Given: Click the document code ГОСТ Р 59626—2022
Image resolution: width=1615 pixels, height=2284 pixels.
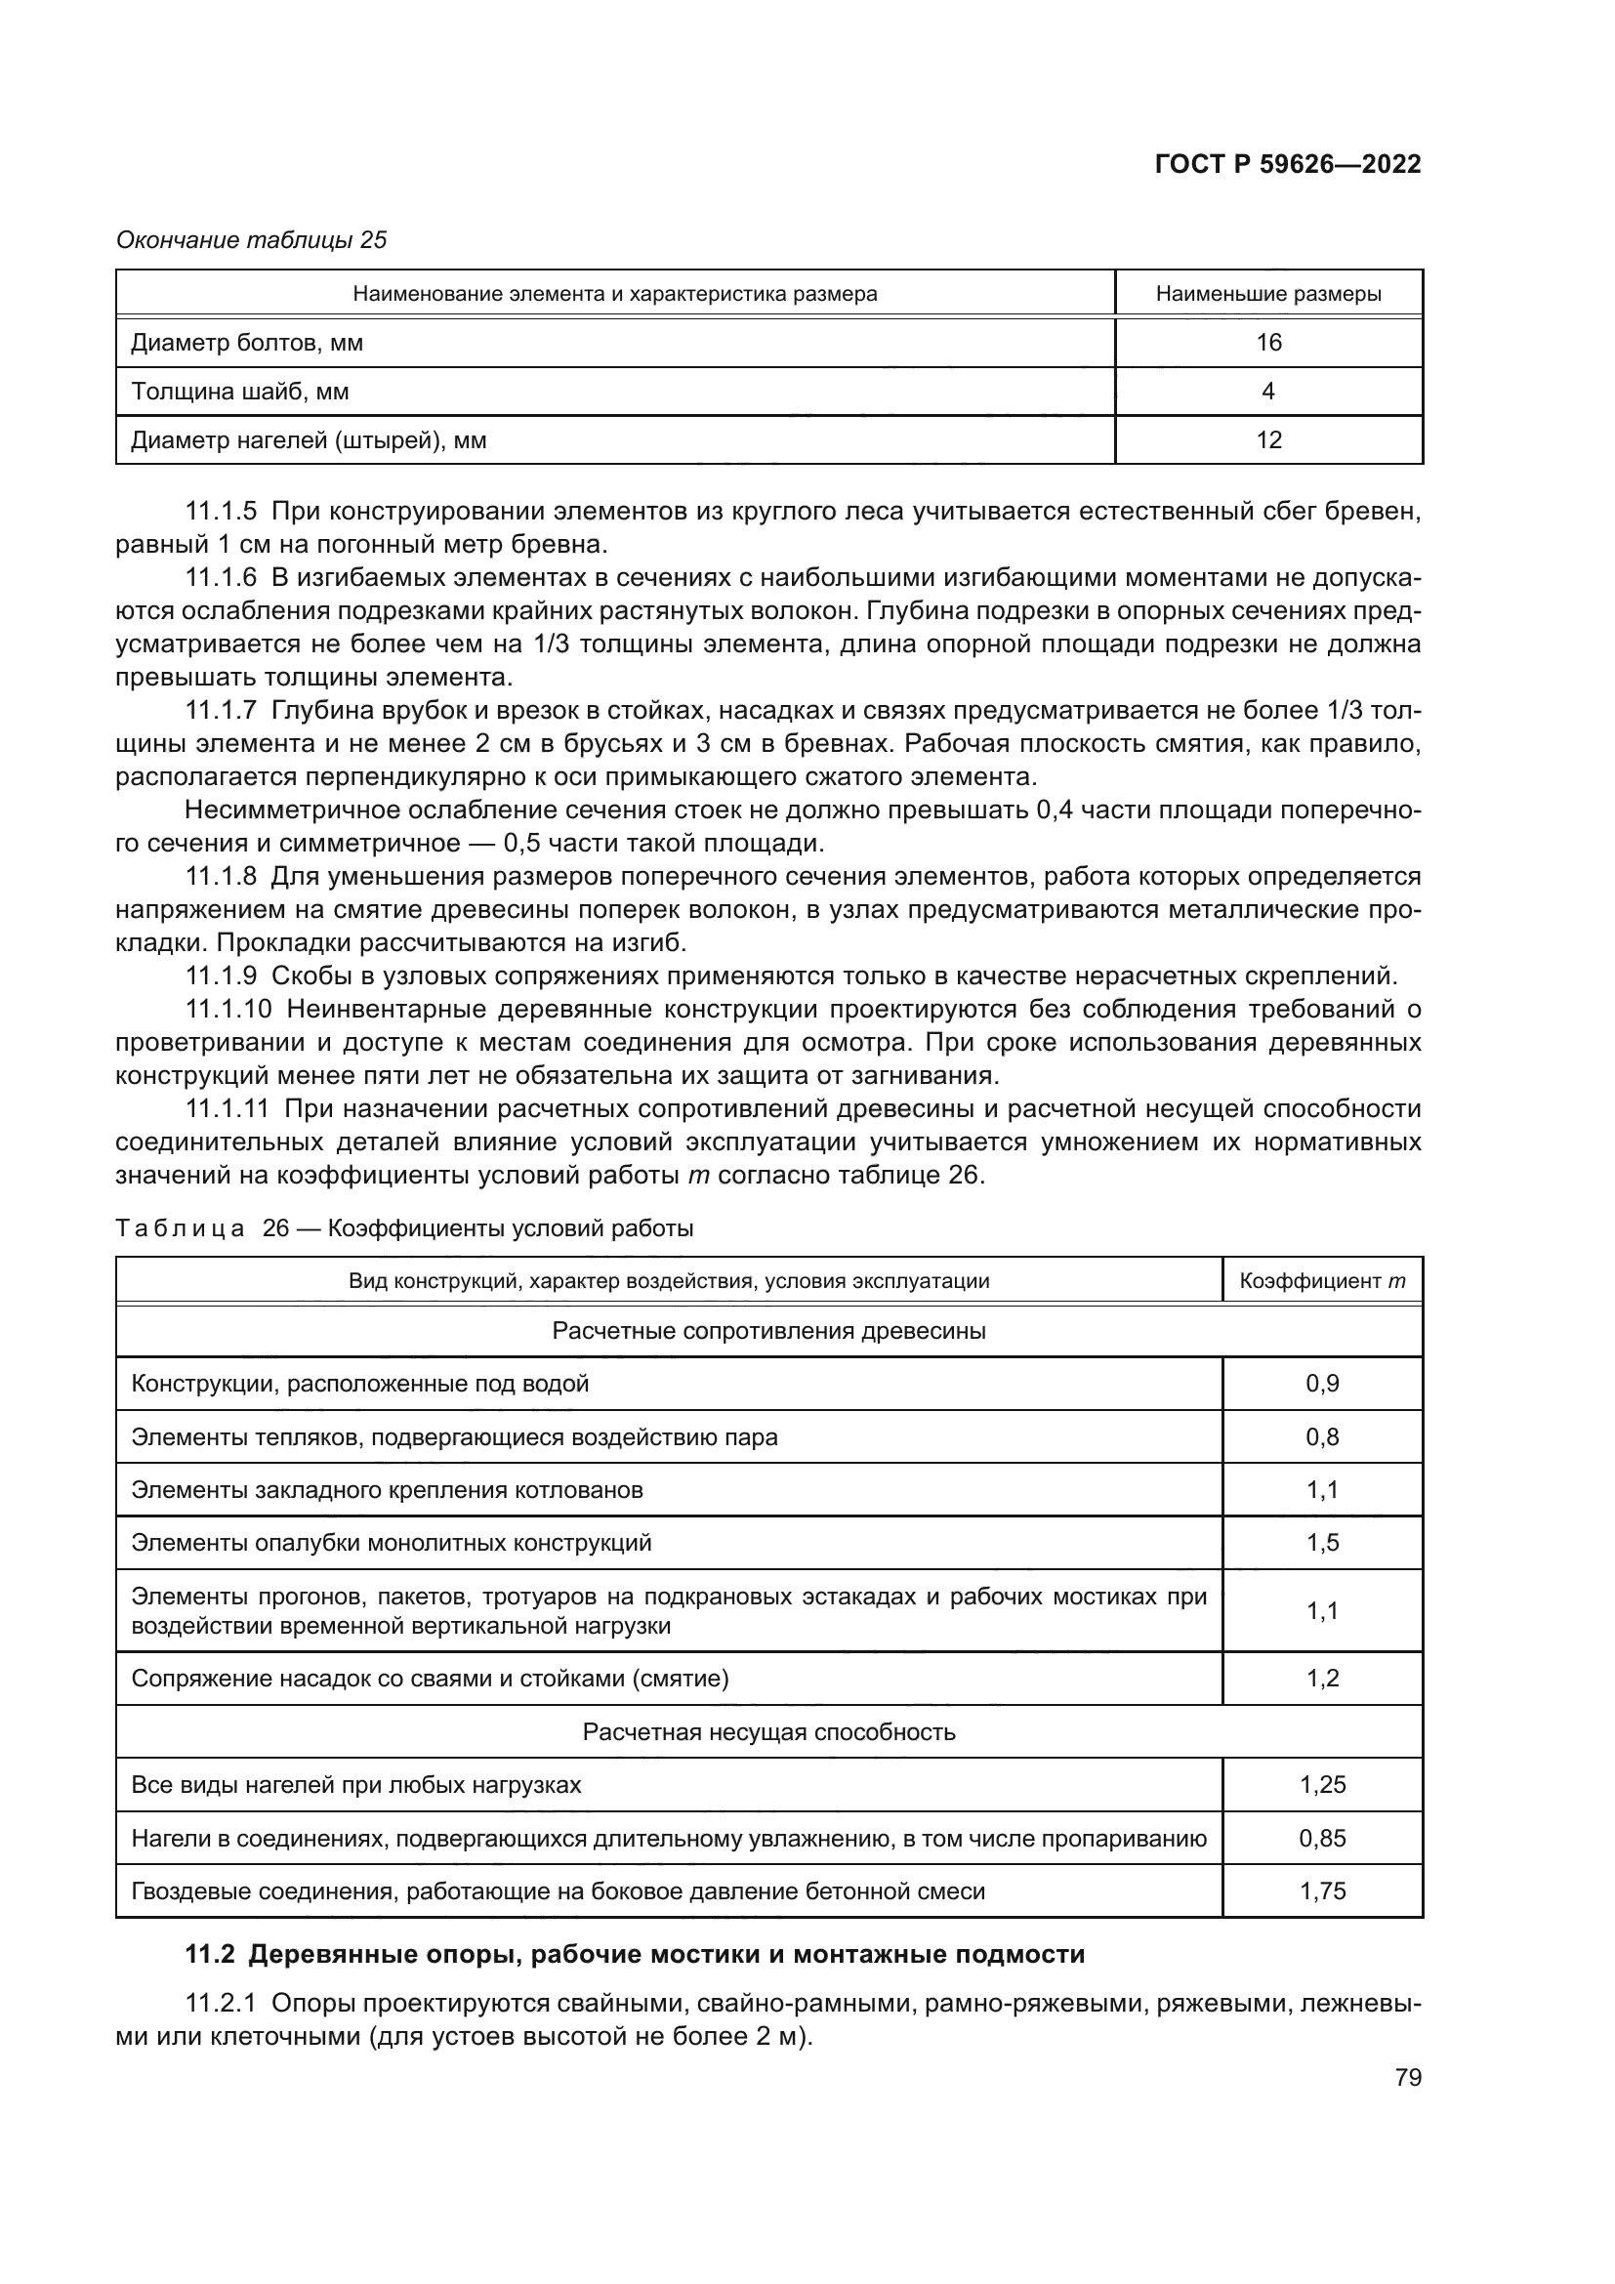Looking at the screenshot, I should click(x=1288, y=165).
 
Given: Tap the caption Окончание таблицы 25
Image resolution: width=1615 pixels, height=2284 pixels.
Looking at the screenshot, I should click(x=252, y=240).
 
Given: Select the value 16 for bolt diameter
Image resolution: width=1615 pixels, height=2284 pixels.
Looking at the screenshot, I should click(x=1269, y=343).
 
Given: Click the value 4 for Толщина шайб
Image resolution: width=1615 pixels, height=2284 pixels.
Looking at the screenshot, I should click(x=1268, y=392).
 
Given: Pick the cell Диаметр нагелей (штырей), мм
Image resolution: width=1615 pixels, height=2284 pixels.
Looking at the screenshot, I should click(x=310, y=439).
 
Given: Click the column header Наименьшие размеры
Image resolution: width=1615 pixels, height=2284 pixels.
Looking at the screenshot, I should click(x=1268, y=295).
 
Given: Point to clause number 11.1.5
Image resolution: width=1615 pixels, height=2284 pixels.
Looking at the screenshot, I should click(x=221, y=513).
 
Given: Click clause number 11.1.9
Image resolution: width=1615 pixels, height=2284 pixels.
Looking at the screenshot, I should click(x=221, y=975).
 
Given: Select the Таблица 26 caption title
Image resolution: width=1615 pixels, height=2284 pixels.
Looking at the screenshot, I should click(x=405, y=1228).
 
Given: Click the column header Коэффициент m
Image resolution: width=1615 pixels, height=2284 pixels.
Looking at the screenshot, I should click(x=1322, y=1281).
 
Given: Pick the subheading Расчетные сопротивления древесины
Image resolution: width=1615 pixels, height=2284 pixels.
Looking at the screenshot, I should click(x=768, y=1331).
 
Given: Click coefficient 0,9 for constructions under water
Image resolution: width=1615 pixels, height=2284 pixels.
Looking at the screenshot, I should click(x=1322, y=1384).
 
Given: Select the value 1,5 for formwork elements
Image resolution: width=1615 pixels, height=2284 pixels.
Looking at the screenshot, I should click(x=1322, y=1543).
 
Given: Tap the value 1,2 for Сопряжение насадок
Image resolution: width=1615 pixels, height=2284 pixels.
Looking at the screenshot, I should click(x=1322, y=1680).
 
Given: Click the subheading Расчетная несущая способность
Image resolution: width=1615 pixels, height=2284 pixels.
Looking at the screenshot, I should click(x=768, y=1732).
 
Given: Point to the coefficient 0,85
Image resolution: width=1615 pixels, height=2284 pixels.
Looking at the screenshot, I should click(x=1322, y=1839).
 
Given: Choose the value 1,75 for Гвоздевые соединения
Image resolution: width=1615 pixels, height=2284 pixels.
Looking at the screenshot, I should click(x=1322, y=1891).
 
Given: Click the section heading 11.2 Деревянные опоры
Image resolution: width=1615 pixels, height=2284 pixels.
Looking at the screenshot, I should click(x=636, y=1955).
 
